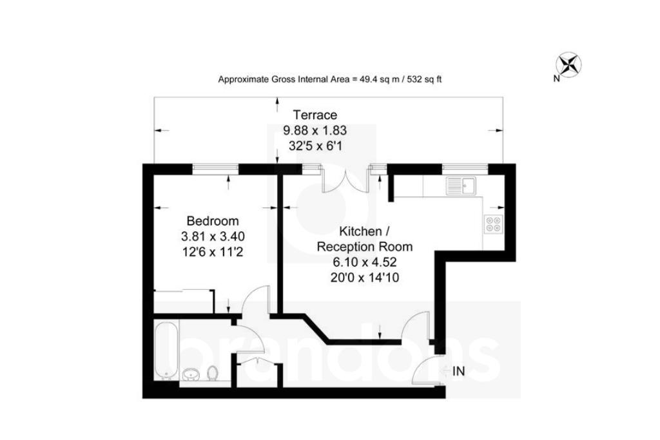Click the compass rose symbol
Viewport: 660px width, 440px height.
[568, 64]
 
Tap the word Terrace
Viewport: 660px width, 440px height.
[315, 115]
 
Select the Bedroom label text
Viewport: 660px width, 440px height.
[213, 220]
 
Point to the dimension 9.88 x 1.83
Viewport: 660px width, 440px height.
[315, 131]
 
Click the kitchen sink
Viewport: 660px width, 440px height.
[461, 186]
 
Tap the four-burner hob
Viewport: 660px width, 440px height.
[493, 224]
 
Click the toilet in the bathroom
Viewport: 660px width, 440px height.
[212, 373]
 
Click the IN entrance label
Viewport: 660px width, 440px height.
[459, 371]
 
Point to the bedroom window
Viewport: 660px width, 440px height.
[216, 169]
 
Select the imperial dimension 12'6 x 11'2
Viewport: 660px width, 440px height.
[213, 251]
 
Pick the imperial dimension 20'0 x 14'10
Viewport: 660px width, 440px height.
[364, 277]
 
